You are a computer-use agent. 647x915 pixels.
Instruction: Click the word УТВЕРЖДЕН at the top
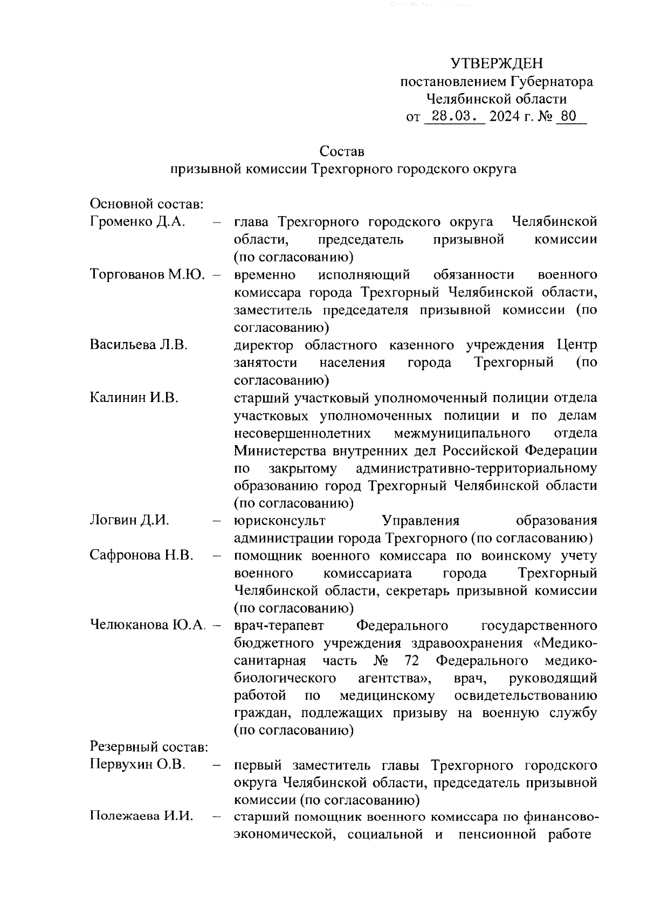coord(497,64)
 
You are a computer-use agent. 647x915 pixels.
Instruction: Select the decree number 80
coord(569,116)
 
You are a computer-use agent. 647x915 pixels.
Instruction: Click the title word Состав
coord(341,151)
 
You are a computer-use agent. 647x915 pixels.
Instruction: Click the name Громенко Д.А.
coord(138,222)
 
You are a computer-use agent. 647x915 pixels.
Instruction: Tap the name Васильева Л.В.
coord(139,345)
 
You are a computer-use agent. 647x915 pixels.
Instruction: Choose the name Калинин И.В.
coord(134,398)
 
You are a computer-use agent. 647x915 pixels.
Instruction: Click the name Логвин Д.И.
coord(130,521)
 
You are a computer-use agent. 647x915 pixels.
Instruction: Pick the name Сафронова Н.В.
coord(142,556)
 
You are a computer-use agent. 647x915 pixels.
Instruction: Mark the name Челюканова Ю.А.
coord(148,626)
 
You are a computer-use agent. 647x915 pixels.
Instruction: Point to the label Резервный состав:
coord(149,748)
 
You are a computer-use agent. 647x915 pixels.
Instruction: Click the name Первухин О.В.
coord(137,765)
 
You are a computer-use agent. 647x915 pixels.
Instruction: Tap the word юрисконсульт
coord(280,521)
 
